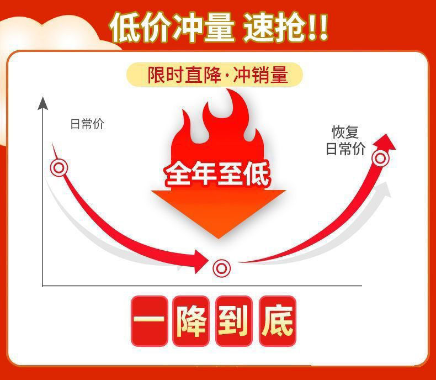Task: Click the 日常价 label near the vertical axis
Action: (87, 124)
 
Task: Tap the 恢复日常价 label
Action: (345, 140)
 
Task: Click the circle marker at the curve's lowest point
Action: (221, 268)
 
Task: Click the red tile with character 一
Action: (149, 321)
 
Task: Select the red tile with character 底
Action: (277, 321)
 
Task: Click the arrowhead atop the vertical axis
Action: (42, 102)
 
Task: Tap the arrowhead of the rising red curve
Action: (387, 141)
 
